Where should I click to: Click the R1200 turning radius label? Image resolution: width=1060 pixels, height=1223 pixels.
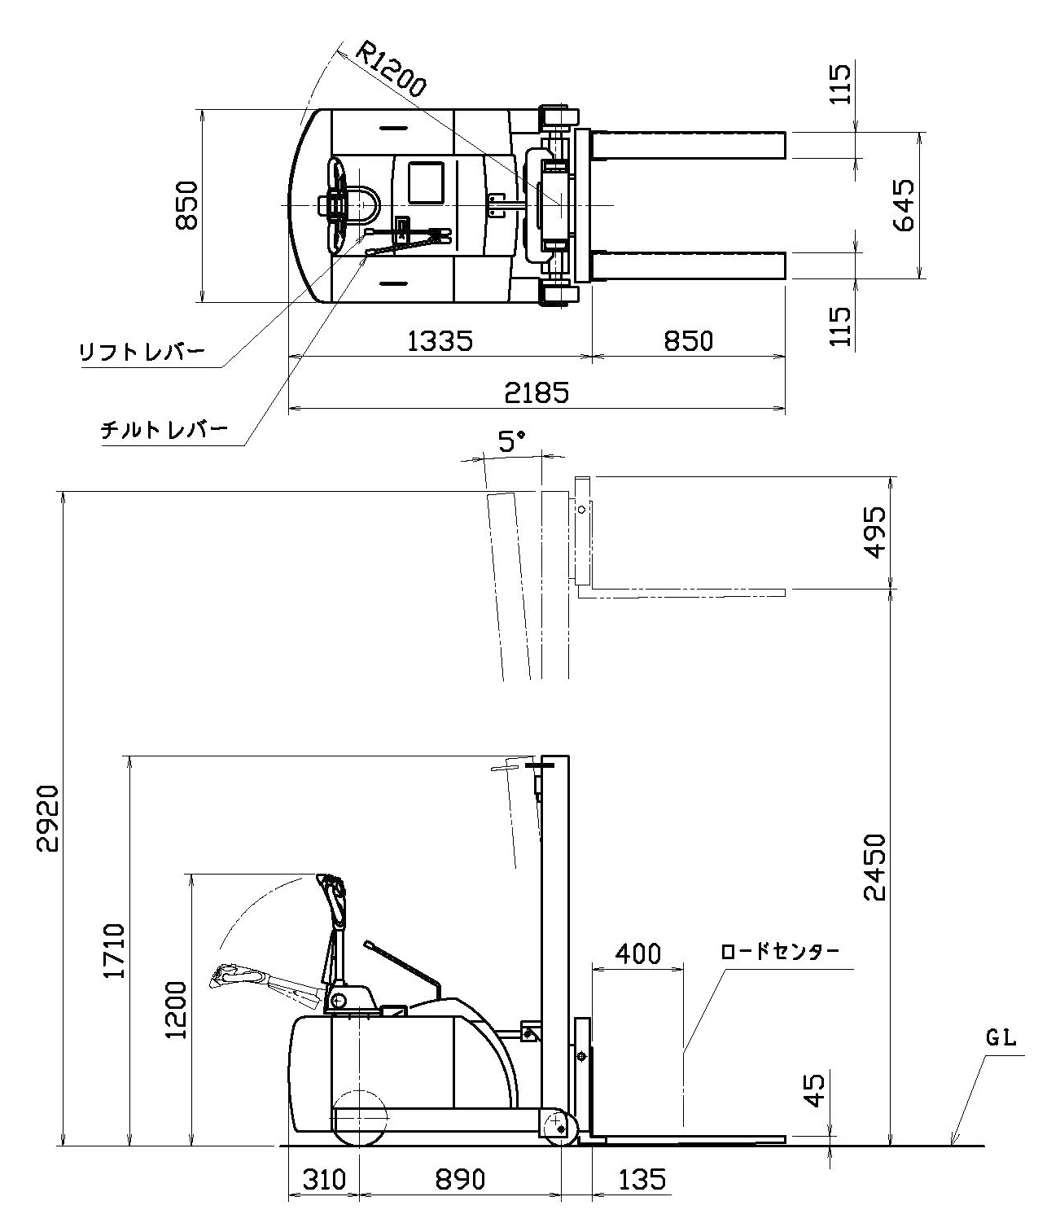pyautogui.click(x=391, y=71)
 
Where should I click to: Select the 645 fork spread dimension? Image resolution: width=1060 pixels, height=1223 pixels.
pyautogui.click(x=905, y=205)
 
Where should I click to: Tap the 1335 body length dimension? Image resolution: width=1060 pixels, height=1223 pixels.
pyautogui.click(x=440, y=340)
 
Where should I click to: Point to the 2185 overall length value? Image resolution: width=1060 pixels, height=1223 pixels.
pyautogui.click(x=537, y=392)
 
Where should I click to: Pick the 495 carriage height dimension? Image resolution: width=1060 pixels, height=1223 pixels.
pyautogui.click(x=874, y=532)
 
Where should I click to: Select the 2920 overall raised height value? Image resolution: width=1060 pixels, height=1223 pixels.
pyautogui.click(x=47, y=818)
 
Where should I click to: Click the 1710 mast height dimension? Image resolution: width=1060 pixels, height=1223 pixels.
pyautogui.click(x=115, y=950)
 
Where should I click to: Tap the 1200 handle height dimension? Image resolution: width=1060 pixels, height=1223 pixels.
pyautogui.click(x=175, y=1009)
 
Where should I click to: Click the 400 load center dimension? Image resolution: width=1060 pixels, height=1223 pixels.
pyautogui.click(x=637, y=953)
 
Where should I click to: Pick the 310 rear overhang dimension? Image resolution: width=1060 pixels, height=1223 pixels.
pyautogui.click(x=324, y=1179)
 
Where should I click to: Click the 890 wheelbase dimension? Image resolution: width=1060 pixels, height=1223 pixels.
pyautogui.click(x=460, y=1179)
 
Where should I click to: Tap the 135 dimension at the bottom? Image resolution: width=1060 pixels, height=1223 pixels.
pyautogui.click(x=642, y=1179)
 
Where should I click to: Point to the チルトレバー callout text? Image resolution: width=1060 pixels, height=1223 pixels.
pyautogui.click(x=164, y=430)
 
